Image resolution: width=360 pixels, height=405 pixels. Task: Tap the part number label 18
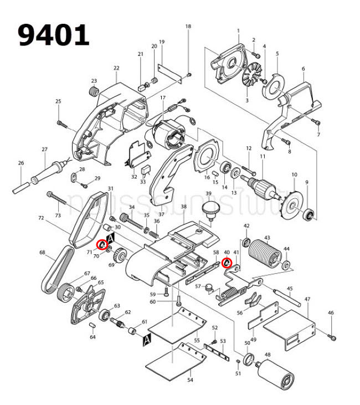coord(188,27)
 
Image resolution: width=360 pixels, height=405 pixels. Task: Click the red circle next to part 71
coord(102,244)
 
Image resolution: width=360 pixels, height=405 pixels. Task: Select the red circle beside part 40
coord(226,263)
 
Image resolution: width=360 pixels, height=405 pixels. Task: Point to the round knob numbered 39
coord(209,210)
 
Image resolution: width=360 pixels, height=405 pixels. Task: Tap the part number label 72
coord(40,219)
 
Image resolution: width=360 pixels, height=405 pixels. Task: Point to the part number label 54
coord(190,380)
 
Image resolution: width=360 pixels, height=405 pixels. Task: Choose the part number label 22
coord(116,68)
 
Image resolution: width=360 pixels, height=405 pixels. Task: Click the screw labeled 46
coord(332,336)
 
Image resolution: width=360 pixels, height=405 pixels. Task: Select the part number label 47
coord(307,299)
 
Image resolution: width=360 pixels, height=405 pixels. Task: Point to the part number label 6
coord(304,69)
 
